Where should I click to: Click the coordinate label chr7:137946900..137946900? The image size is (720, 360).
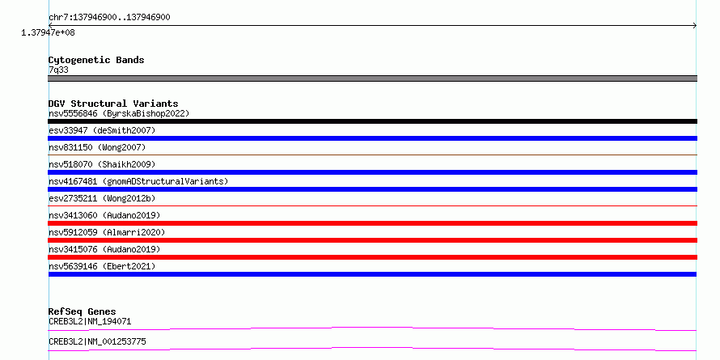coord(109,18)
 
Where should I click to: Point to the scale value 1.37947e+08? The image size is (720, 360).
coord(49,32)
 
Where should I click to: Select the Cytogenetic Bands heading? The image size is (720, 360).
coord(96,60)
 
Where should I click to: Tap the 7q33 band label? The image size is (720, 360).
coord(58,70)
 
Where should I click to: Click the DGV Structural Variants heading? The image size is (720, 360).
coord(113,104)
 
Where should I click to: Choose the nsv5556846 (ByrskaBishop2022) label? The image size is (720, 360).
coord(119,113)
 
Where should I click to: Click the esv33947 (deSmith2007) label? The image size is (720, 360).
coord(102,130)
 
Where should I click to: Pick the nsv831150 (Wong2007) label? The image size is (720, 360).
coord(97,147)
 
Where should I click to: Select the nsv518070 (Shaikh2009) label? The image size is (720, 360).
coord(102,164)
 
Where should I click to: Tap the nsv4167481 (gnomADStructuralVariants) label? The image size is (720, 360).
coord(138,181)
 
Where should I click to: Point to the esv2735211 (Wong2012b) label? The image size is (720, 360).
coord(102,198)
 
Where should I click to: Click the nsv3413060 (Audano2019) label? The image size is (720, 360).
coord(104,215)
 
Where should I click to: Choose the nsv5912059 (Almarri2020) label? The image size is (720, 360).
coord(107,232)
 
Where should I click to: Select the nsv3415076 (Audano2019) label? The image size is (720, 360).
coord(104,249)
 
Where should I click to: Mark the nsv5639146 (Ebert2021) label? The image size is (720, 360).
coord(102,266)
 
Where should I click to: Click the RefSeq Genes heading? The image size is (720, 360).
coord(83,311)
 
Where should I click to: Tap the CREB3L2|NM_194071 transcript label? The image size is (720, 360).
coord(90,321)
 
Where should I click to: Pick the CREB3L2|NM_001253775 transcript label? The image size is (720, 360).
coord(97,341)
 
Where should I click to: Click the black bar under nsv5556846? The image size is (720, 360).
coord(372,121)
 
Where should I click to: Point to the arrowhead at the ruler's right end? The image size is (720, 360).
coord(695,26)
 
